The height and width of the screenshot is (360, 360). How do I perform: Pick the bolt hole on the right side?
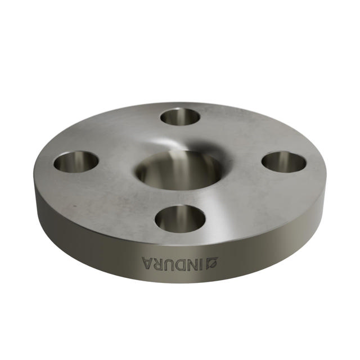[284, 162]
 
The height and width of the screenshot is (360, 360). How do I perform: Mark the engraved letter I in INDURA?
[201, 262]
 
